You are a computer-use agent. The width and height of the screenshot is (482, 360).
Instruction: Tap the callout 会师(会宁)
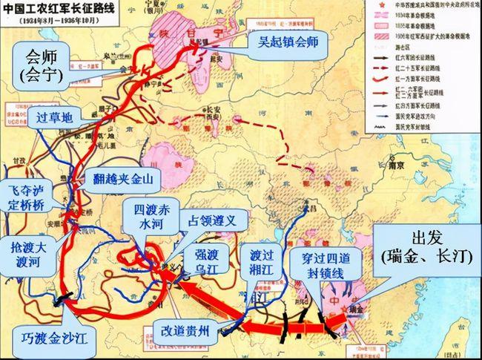point(46,65)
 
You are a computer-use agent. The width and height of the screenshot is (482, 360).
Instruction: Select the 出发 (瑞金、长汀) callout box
point(426,248)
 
